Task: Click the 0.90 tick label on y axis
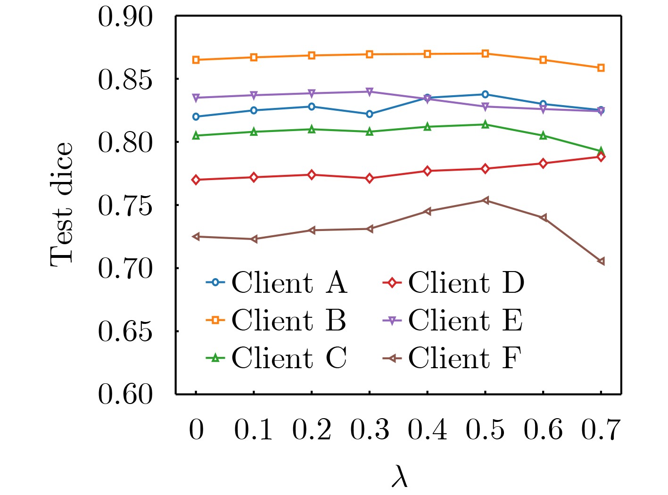(x=125, y=17)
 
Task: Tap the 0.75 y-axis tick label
(x=125, y=206)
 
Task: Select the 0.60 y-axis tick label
(x=125, y=394)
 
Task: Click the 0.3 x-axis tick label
(x=370, y=430)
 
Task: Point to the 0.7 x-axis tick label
(x=601, y=430)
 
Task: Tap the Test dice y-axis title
(x=62, y=205)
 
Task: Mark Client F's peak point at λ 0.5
(x=485, y=200)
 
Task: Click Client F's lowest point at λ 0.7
(x=601, y=261)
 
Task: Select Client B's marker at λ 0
(x=196, y=60)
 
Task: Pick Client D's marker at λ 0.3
(x=370, y=178)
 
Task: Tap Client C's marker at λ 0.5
(x=485, y=124)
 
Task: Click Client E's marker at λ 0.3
(x=370, y=91)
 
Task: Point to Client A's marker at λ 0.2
(x=312, y=107)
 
